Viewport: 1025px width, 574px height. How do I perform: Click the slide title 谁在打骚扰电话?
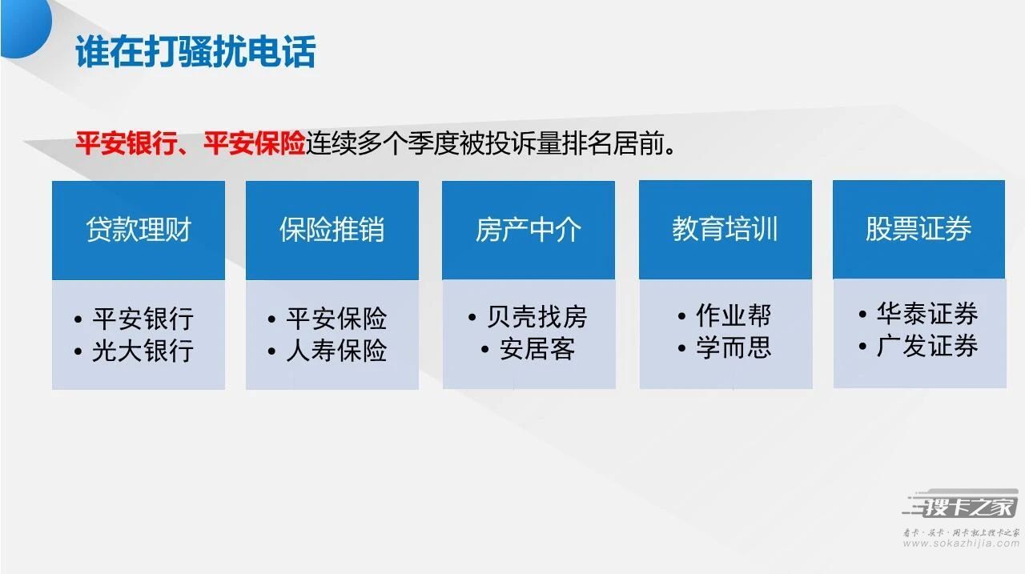(195, 52)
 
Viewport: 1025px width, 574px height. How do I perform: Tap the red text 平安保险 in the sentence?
(254, 143)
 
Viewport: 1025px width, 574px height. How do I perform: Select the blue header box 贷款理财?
(139, 230)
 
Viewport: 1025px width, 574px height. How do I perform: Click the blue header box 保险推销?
(332, 230)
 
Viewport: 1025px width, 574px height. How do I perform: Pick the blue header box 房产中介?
(529, 230)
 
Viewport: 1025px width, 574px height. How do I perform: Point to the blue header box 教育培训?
(726, 229)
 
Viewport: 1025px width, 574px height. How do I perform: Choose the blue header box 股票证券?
(918, 229)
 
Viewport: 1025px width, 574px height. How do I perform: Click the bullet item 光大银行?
(143, 351)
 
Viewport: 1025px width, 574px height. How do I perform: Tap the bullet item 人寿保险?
(336, 351)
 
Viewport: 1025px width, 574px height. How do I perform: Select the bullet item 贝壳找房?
(537, 316)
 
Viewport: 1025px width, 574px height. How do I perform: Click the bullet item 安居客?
(537, 349)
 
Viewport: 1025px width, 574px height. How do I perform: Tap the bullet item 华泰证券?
(927, 314)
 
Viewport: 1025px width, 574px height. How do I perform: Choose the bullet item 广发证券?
(927, 346)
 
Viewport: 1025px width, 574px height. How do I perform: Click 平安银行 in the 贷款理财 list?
(143, 319)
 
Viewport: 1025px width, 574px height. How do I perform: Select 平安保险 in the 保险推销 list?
(336, 319)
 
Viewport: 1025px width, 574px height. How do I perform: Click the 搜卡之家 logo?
(961, 505)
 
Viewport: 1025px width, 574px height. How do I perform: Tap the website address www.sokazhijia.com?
(962, 544)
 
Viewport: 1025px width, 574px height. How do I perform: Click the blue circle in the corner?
(25, 28)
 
